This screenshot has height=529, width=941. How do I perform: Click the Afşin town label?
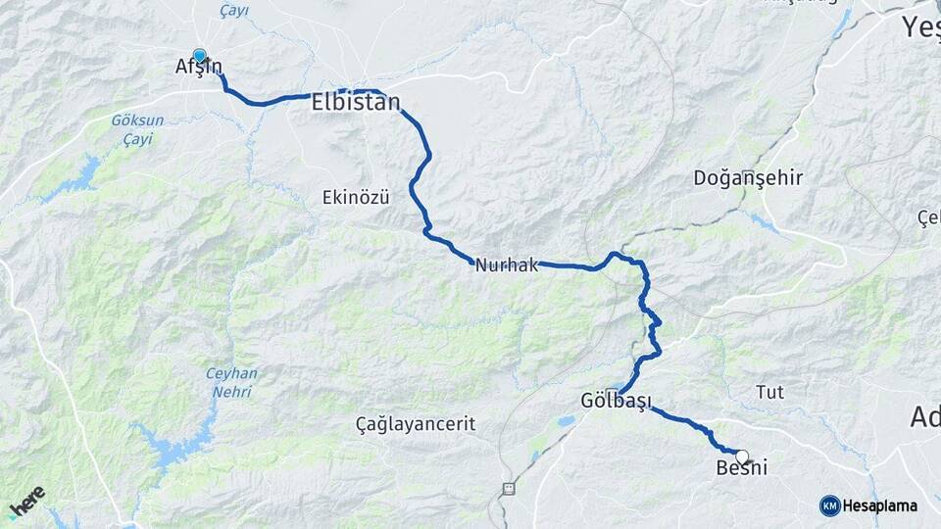tap(198, 69)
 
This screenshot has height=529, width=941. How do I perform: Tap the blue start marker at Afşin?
tap(200, 56)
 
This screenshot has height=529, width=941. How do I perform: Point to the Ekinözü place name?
tap(356, 197)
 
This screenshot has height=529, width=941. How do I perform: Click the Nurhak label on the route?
tap(505, 264)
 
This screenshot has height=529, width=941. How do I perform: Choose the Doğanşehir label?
tap(748, 178)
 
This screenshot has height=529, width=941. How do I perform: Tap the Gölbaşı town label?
tap(616, 402)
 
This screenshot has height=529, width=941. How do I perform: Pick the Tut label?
tap(769, 392)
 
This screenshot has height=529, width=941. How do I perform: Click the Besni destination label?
tap(742, 470)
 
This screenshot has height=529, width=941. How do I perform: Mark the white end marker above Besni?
tap(742, 456)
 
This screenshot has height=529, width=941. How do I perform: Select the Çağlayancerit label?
tap(416, 424)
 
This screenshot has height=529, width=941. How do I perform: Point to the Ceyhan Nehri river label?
tap(231, 382)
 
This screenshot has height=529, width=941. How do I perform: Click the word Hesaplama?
tap(880, 505)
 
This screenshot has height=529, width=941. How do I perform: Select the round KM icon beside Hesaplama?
tap(829, 505)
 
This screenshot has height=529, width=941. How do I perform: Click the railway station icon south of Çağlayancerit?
tap(508, 488)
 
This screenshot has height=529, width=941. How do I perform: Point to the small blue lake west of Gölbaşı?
tap(567, 421)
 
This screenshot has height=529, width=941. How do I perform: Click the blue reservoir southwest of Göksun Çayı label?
tap(78, 176)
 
